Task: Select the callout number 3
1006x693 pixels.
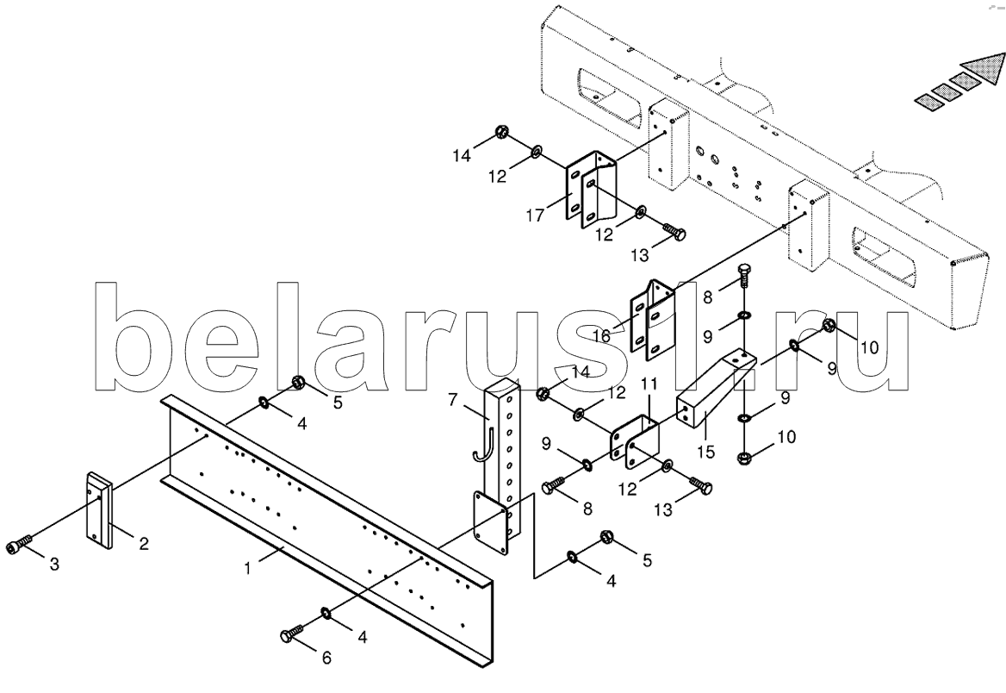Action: (x=54, y=565)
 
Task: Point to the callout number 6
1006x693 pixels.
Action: (x=326, y=658)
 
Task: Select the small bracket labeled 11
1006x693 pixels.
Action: (x=636, y=439)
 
